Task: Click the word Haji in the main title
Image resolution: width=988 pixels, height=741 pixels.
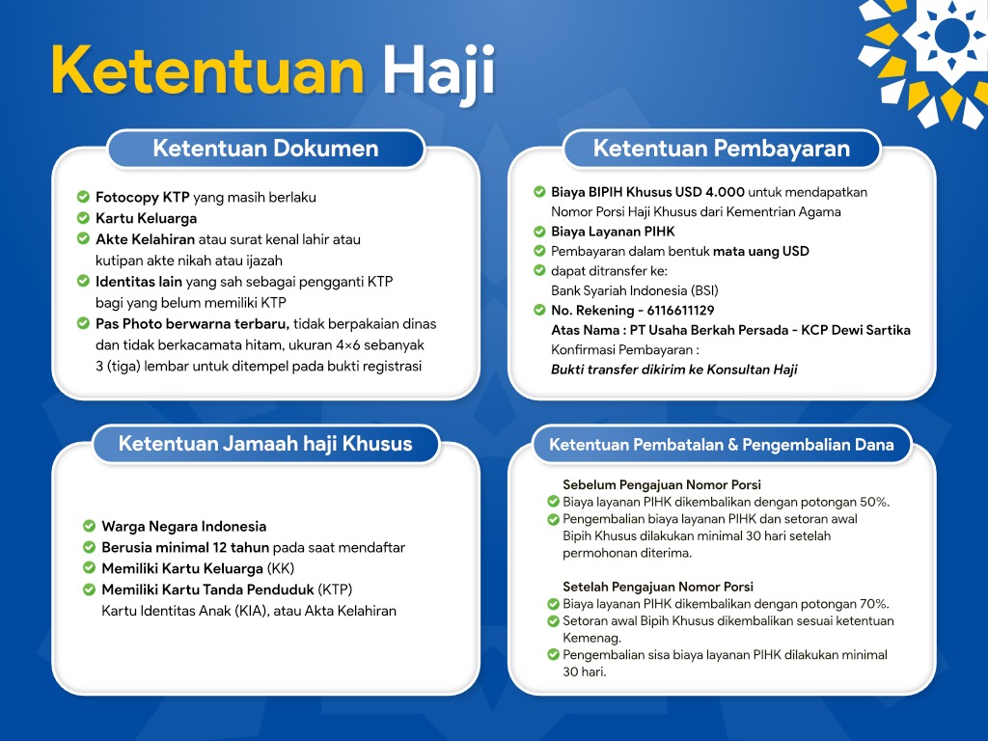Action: click(438, 72)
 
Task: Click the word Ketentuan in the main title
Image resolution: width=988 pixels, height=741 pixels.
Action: click(207, 72)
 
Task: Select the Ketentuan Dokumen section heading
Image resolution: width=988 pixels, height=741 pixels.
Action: click(265, 149)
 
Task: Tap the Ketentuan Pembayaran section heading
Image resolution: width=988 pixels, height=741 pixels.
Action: click(721, 149)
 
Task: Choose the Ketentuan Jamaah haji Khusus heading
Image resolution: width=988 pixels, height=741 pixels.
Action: click(265, 444)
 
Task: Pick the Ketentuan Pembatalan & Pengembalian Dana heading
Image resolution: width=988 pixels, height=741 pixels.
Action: click(722, 445)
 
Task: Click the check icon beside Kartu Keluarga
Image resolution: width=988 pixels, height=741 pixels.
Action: click(83, 218)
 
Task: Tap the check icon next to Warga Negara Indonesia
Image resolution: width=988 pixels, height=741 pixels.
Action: click(89, 526)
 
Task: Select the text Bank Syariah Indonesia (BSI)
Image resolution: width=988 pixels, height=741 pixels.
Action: click(634, 290)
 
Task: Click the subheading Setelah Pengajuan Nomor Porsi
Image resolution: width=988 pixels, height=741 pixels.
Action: click(658, 587)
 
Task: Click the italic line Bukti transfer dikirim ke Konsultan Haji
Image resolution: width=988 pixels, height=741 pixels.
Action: click(673, 370)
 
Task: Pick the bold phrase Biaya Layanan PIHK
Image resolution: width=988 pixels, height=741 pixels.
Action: click(613, 232)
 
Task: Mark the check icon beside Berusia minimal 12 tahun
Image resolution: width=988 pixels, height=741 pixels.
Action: click(89, 547)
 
